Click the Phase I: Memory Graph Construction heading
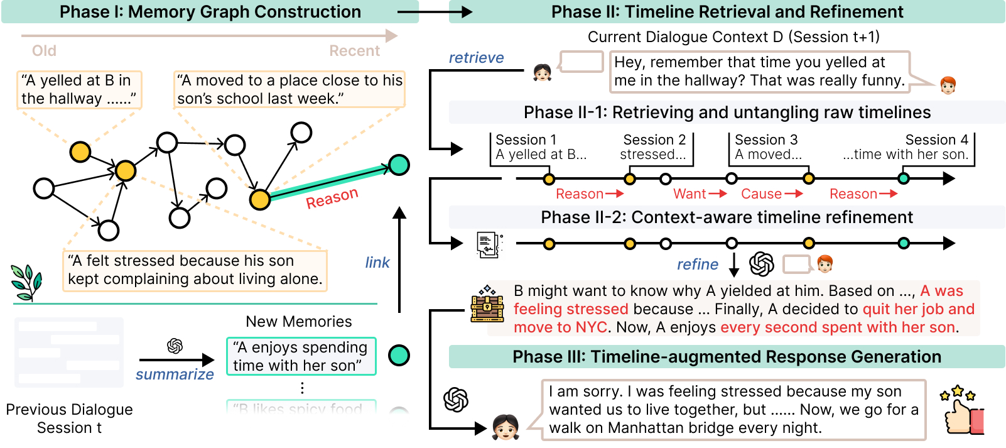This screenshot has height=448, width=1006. coord(210,12)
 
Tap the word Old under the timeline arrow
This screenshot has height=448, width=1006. coord(44,51)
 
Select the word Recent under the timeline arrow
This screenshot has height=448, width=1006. coord(354,51)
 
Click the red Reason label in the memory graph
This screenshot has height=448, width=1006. coord(332,198)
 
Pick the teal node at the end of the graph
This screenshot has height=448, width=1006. coord(399,165)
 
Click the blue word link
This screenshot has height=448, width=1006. coord(377,263)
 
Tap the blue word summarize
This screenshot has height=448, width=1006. coord(175,374)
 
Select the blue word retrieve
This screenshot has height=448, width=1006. coord(476,58)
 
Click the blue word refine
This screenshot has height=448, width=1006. coord(698,265)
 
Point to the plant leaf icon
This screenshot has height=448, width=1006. coord(26,282)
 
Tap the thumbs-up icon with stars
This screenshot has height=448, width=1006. coord(962,410)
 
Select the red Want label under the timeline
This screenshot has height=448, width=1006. coord(690,194)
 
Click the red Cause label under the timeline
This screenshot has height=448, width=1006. coord(761,194)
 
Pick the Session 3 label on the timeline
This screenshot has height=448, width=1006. coord(766,139)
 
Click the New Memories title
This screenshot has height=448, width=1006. coord(299,321)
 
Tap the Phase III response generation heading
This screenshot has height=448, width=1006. coord(727,356)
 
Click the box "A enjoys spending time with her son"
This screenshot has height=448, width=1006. coord(301,356)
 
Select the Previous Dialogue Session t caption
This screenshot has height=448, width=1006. coord(69,418)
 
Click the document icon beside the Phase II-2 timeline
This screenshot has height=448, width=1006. coord(489,244)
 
